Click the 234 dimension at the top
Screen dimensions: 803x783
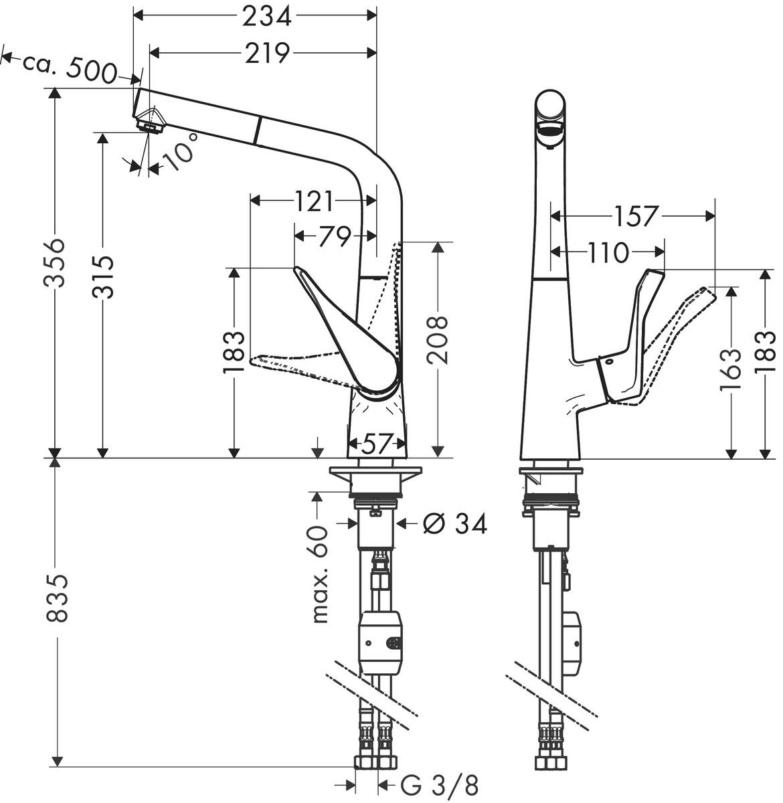coord(266,15)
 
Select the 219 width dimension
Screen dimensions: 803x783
coord(266,53)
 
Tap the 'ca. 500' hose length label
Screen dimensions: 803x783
coord(70,66)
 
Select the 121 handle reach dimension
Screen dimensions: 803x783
coord(314,200)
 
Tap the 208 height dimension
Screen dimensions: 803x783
coord(438,339)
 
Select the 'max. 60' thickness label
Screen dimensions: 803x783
coord(321,573)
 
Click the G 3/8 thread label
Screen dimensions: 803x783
coord(440,785)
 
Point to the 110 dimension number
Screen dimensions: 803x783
coord(608,253)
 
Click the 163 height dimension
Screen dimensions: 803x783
coord(732,369)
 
